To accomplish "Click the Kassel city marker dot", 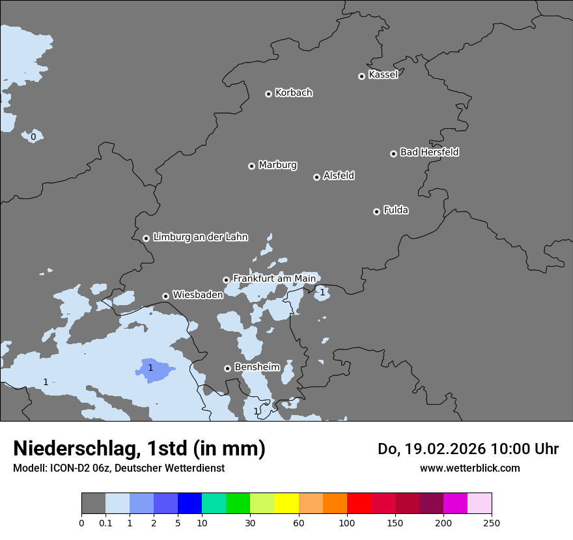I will point(361,76).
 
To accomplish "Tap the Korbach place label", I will point(294,93).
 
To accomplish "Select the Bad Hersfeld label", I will point(429,152).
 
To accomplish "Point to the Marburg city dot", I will point(251,166).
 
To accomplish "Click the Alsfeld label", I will point(339,176).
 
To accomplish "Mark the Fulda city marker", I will point(376,211).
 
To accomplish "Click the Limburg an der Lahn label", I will point(201,237).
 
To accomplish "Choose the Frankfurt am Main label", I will point(274,278).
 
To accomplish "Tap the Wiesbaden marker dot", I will point(166,296).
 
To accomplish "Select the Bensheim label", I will point(257,367).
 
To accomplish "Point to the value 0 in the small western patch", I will point(33,137).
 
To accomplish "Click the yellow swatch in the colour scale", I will point(286,503).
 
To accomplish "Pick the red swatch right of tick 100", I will point(359,503).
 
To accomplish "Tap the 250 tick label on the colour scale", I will point(492,523).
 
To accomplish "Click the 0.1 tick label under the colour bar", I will point(105,523).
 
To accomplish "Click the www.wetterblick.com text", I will point(469,468).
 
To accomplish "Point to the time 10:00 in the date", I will point(511,449).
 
